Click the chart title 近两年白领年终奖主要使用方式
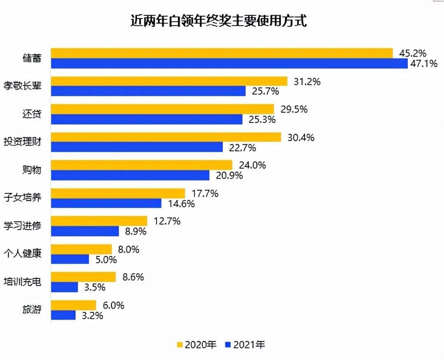click(218, 21)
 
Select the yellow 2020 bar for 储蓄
click(222, 53)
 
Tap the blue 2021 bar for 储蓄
click(229, 63)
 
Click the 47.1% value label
click(424, 63)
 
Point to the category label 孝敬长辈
click(23, 86)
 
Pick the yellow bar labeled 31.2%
click(169, 81)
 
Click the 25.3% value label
click(261, 119)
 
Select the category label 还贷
click(32, 114)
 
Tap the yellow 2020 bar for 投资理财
click(166, 137)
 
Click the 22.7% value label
click(242, 147)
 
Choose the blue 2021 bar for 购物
click(130, 175)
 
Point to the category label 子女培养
click(23, 198)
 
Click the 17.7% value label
click(204, 193)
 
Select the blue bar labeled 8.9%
click(85, 231)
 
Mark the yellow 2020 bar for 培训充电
click(83, 277)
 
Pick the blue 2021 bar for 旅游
click(63, 315)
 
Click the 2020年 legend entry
click(197, 345)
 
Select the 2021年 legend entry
click(245, 345)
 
